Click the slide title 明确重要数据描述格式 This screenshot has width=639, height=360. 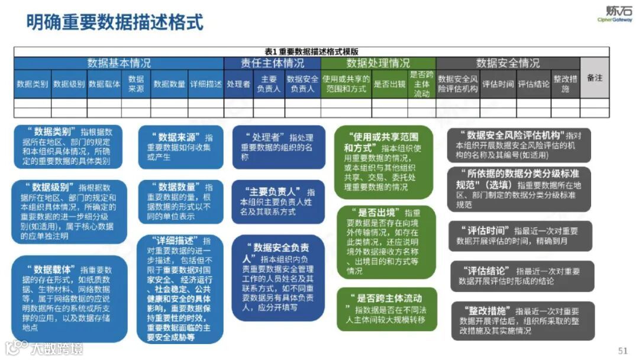(115, 22)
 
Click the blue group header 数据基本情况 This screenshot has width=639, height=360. (119, 63)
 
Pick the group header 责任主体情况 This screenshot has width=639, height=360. (272, 63)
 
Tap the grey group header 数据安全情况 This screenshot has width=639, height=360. (508, 63)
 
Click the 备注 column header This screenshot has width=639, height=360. (594, 78)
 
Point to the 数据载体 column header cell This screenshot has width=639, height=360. (104, 84)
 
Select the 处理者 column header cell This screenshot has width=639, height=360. (238, 84)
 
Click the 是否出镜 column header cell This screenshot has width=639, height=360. (389, 84)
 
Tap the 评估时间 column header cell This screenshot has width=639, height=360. (498, 84)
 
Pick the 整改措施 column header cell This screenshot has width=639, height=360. (565, 84)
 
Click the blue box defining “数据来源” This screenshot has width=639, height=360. (181, 147)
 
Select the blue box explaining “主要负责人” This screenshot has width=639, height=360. (278, 201)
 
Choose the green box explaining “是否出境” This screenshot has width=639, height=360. (385, 242)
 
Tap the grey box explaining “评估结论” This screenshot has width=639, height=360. (521, 277)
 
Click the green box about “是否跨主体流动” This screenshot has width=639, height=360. (386, 308)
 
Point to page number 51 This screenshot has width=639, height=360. (622, 349)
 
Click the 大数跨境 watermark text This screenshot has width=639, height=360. (56, 348)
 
